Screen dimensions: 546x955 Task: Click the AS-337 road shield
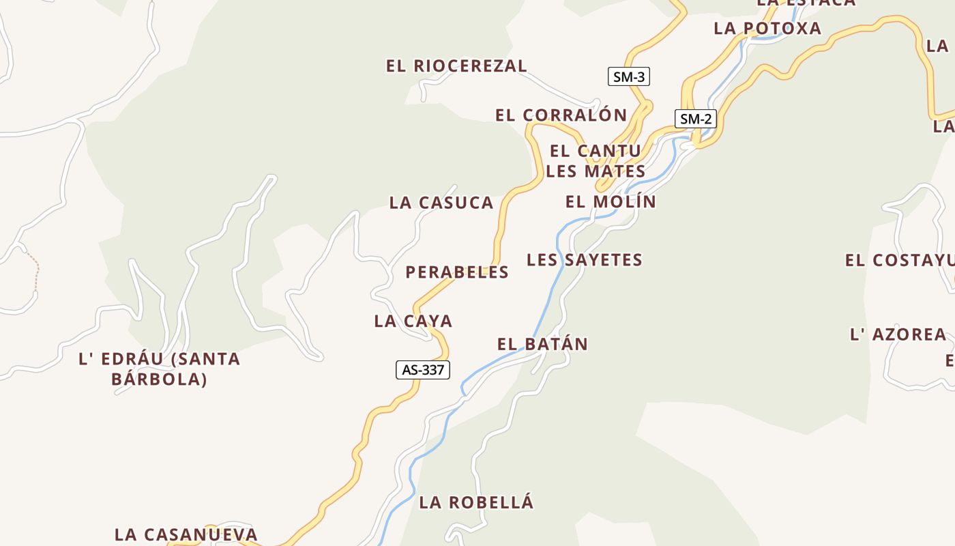(x=423, y=370)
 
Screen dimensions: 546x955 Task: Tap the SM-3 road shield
(x=628, y=76)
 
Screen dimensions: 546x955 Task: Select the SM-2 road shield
(x=696, y=119)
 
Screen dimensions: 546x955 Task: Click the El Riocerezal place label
(x=456, y=66)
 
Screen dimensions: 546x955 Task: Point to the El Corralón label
(x=561, y=115)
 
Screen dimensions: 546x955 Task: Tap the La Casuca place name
(x=441, y=203)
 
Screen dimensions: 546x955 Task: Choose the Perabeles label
(x=457, y=272)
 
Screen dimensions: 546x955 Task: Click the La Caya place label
(x=413, y=321)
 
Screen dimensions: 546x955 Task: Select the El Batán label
(x=542, y=344)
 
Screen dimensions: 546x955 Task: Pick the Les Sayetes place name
(x=585, y=260)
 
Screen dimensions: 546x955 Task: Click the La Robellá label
(x=476, y=503)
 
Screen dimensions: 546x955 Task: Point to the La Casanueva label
(x=186, y=534)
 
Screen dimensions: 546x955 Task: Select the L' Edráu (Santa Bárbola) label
(x=160, y=369)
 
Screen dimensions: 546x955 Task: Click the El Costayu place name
(x=898, y=261)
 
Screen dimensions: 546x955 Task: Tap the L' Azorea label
(x=898, y=334)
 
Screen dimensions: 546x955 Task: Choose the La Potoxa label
(x=767, y=29)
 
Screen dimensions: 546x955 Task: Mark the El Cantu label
(x=596, y=151)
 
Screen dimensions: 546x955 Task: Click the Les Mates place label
(x=596, y=171)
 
